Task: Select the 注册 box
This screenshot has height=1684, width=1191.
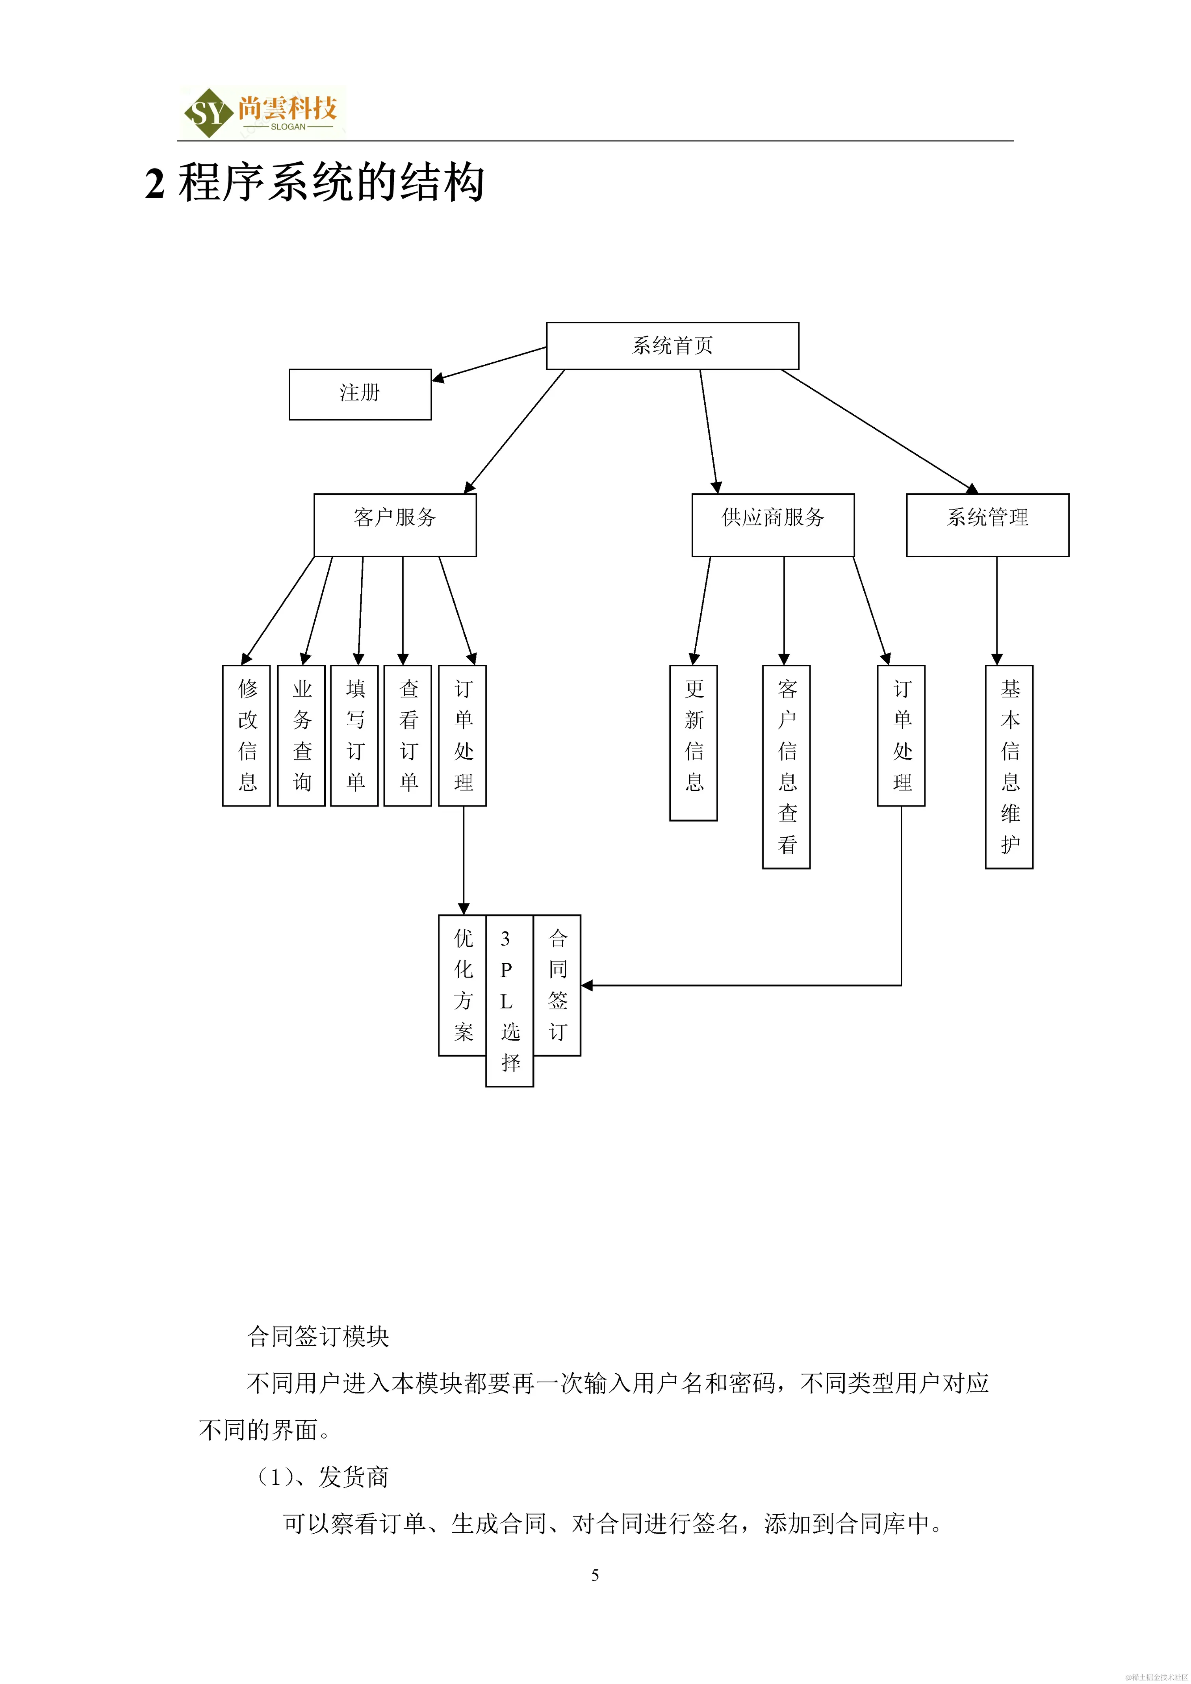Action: click(x=360, y=394)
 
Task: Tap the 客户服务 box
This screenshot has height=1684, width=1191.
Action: click(x=395, y=525)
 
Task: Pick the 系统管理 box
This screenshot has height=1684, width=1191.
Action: click(x=987, y=525)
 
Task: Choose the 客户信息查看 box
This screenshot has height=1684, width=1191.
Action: click(x=786, y=766)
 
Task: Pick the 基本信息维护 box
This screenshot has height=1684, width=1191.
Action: click(x=1009, y=766)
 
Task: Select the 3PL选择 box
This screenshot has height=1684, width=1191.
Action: click(x=509, y=1000)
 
